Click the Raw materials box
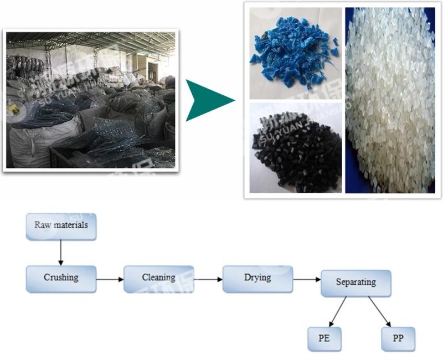click(61, 226)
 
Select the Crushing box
click(61, 279)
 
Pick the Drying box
click(257, 278)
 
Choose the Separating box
click(356, 284)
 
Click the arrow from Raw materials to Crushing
click(60, 253)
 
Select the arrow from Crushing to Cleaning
click(110, 280)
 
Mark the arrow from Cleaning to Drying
click(208, 280)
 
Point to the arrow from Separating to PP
click(380, 311)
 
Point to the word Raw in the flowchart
click(42, 225)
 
